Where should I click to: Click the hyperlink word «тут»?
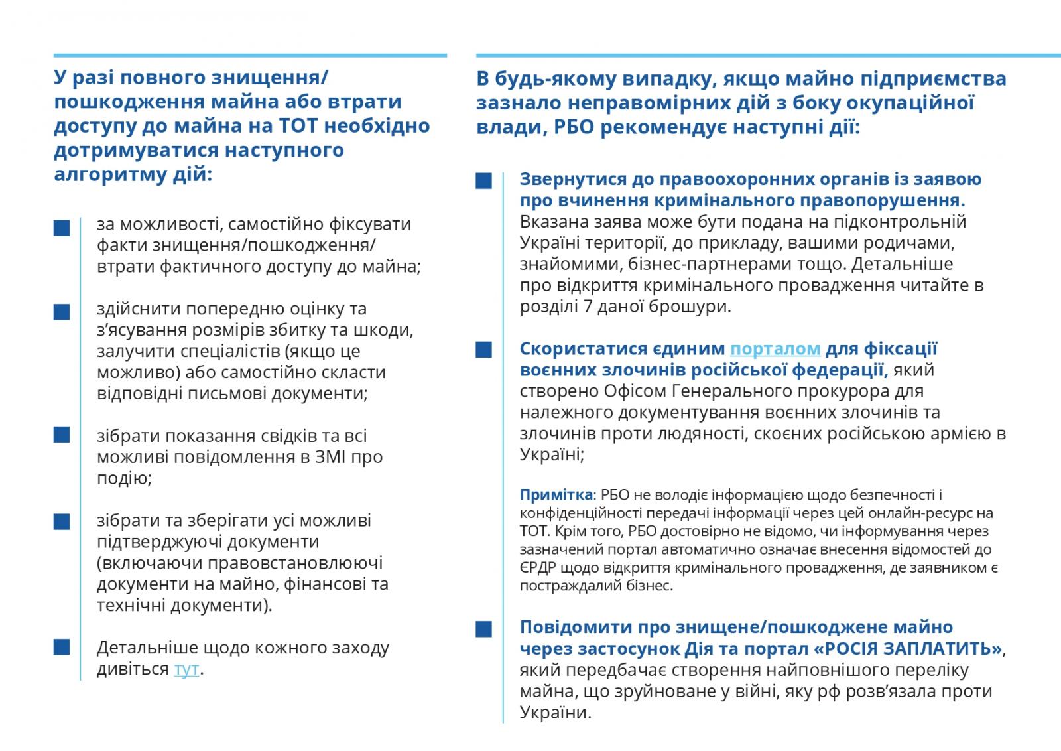coord(186,669)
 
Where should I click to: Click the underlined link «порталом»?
coord(775,349)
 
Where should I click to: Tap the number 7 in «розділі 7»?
coord(576,307)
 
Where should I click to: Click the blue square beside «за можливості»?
coord(62,228)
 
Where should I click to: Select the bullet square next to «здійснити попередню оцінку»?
coord(62,312)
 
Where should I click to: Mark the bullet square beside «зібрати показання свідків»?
coord(62,435)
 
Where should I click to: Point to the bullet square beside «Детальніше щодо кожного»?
coord(62,648)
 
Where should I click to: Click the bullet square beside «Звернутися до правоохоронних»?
coord(484,181)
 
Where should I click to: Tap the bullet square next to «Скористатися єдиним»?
coord(484,350)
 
